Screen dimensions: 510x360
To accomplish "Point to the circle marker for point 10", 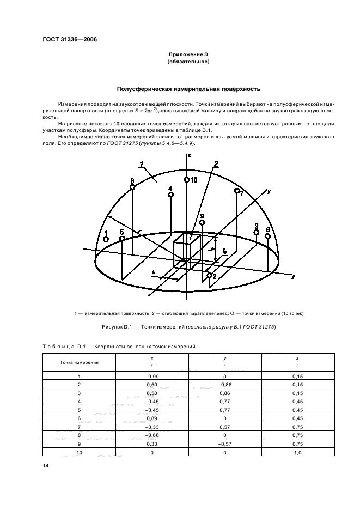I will [x=187, y=180].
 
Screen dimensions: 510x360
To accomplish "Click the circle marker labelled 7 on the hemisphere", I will [x=236, y=191].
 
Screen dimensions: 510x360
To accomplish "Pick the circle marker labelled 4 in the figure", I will [x=170, y=195].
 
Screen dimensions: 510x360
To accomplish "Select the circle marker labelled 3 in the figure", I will [x=256, y=232].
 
